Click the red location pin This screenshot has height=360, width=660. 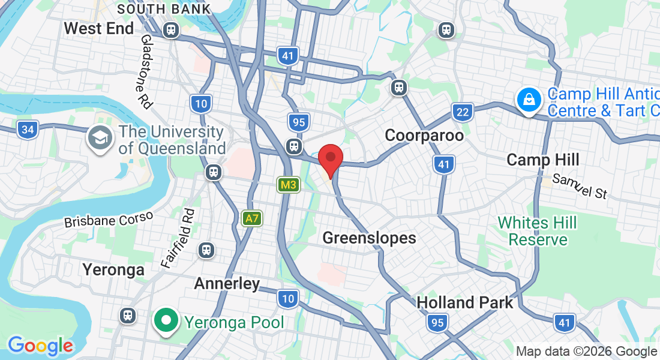[x=330, y=159]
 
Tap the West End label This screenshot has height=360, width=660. [x=99, y=28]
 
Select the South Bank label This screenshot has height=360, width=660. [x=164, y=9]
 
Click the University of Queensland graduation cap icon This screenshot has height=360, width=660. [x=99, y=139]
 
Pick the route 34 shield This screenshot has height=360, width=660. [x=27, y=129]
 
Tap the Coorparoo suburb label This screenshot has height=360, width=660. [x=424, y=136]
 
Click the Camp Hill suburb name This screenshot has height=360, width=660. [x=543, y=160]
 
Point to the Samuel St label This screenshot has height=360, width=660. [x=580, y=186]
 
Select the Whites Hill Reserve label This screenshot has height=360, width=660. [x=537, y=232]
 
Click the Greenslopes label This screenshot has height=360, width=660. [x=369, y=238]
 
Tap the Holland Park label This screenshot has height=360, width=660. [x=465, y=302]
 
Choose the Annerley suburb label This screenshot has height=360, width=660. [x=227, y=284]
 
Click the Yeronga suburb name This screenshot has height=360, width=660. [x=113, y=270]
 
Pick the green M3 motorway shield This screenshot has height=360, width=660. [x=288, y=185]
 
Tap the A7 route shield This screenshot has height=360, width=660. [x=252, y=218]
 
